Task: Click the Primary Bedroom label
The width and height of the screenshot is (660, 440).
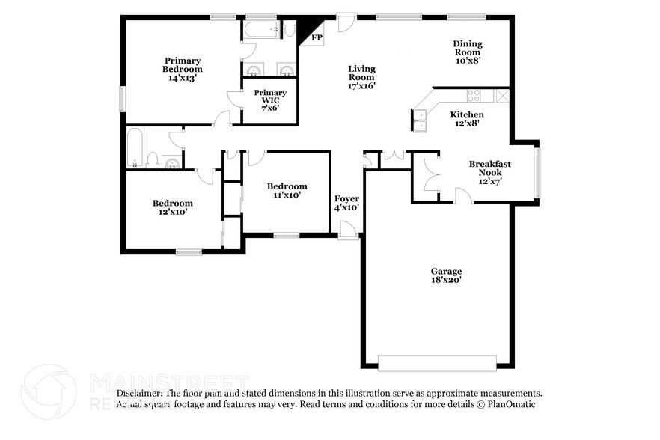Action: click(182, 68)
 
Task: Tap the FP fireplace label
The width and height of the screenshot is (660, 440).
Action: click(317, 37)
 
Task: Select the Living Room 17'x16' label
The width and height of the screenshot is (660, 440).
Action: click(361, 77)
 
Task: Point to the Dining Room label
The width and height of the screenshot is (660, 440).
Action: click(467, 52)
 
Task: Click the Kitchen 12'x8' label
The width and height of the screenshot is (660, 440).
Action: click(466, 119)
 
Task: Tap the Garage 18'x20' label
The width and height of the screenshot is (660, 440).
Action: click(446, 275)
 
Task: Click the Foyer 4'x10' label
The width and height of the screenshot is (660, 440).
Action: click(346, 203)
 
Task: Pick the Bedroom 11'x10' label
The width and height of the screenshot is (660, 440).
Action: click(287, 190)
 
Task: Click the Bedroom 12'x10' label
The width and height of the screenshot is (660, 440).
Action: click(173, 207)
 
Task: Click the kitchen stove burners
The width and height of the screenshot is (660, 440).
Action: click(474, 95)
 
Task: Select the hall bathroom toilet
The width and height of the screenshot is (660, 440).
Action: click(152, 159)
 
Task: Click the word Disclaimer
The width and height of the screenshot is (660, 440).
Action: click(139, 393)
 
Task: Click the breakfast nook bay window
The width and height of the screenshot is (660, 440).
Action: click(536, 173)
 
